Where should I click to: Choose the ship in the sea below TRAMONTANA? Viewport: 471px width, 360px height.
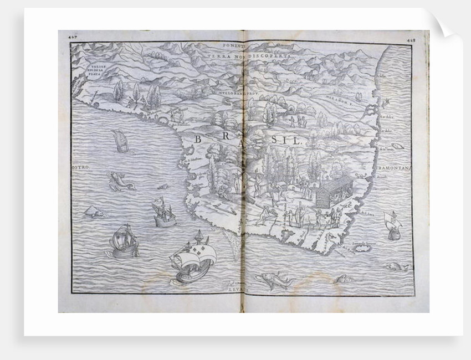(392, 224)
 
